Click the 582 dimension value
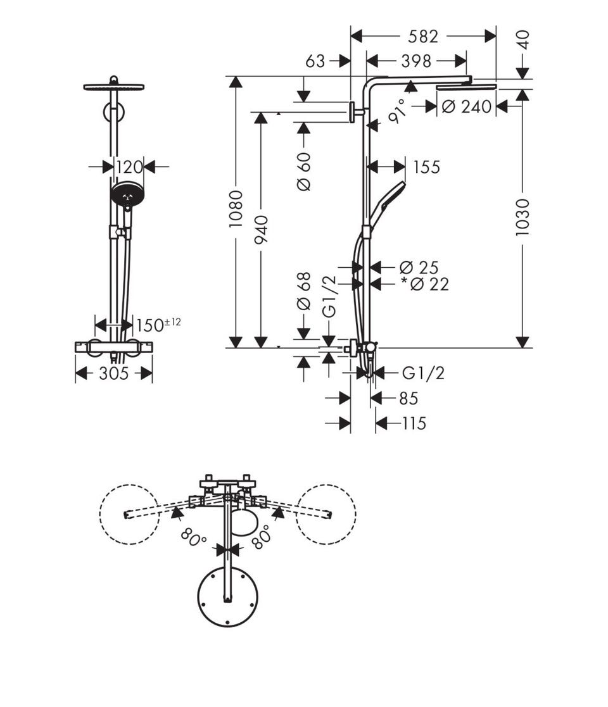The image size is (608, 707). click(x=422, y=37)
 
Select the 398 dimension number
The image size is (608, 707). click(x=416, y=61)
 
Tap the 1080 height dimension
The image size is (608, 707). click(x=236, y=209)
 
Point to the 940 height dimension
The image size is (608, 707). click(x=261, y=230)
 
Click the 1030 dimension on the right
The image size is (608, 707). click(x=522, y=217)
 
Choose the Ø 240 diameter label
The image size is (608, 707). click(x=466, y=107)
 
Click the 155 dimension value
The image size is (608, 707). click(x=426, y=167)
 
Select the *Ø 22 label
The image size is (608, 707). click(x=426, y=285)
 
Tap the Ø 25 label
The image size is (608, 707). click(x=419, y=268)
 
